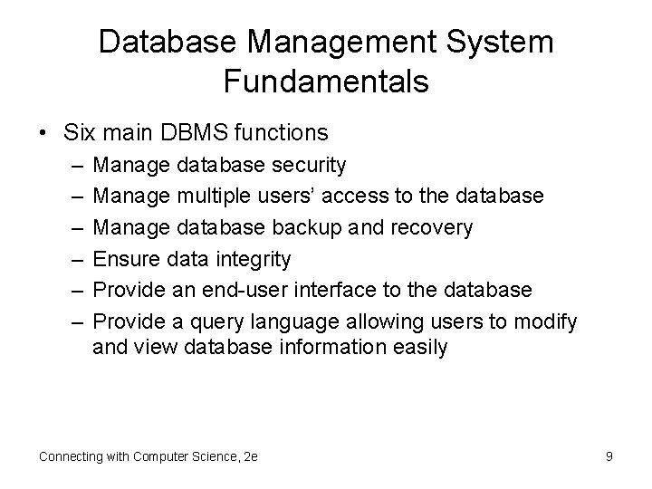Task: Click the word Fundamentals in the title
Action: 325,82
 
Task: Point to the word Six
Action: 81,133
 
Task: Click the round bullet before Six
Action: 43,134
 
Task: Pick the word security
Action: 307,165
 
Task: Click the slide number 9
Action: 609,456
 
